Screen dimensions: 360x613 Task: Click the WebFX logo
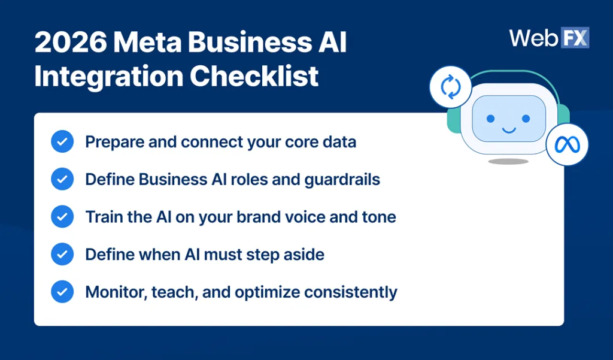click(x=549, y=38)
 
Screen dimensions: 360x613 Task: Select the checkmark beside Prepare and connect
click(x=62, y=142)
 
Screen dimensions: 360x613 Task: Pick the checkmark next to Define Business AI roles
click(x=62, y=179)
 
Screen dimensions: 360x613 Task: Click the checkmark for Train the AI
click(x=62, y=216)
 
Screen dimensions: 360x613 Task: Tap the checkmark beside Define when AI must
click(x=62, y=254)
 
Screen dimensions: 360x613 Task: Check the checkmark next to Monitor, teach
click(x=62, y=292)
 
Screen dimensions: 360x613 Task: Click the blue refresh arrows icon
click(x=451, y=87)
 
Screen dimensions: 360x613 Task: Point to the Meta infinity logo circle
click(x=567, y=144)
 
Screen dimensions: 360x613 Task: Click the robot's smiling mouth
click(x=508, y=129)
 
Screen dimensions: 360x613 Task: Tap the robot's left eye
click(x=491, y=119)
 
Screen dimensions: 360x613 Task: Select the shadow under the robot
click(x=508, y=161)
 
